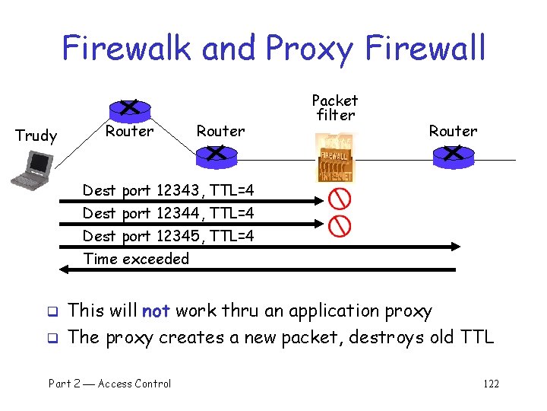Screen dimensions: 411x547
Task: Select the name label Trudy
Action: pyautogui.click(x=36, y=136)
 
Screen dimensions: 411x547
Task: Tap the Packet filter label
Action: pyautogui.click(x=335, y=108)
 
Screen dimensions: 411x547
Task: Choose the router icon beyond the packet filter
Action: pyautogui.click(x=453, y=155)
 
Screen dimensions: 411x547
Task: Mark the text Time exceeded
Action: pyautogui.click(x=136, y=259)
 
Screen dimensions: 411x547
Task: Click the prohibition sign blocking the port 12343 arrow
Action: pyautogui.click(x=340, y=199)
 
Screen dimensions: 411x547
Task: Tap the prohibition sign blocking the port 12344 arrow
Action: pyautogui.click(x=340, y=225)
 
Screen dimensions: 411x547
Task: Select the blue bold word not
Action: pyautogui.click(x=155, y=311)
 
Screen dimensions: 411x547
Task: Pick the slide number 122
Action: pyautogui.click(x=491, y=384)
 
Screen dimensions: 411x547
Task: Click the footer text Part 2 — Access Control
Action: pyautogui.click(x=109, y=384)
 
